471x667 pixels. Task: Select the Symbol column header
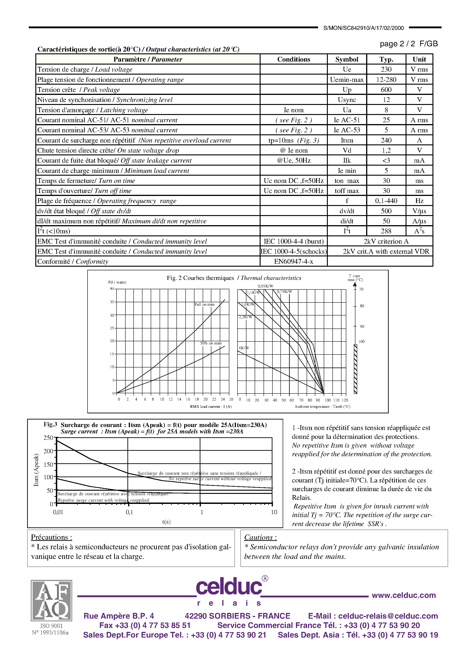point(347,59)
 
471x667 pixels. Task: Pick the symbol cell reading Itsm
point(347,140)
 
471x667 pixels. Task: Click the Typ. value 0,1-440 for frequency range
point(386,201)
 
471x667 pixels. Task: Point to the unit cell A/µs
point(419,221)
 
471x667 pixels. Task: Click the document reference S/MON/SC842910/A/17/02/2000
point(364,28)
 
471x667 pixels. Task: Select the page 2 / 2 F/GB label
point(409,44)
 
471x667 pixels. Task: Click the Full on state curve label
point(205,305)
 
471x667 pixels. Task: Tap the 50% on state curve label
point(211,343)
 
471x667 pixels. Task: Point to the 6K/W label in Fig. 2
point(244,348)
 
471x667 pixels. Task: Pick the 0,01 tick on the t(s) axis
point(58,512)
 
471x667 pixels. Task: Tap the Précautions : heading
point(51,537)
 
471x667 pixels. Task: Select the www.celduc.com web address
point(404,595)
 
